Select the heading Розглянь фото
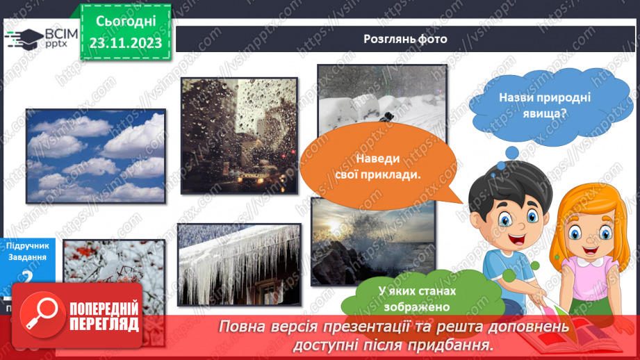tap(405, 39)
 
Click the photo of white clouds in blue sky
tap(96, 156)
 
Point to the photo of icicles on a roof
tap(239, 264)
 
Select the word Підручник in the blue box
tap(27, 245)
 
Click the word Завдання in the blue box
tap(28, 257)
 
